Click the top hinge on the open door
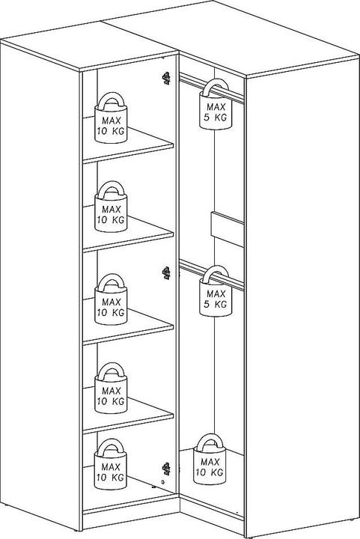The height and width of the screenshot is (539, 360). (166, 79)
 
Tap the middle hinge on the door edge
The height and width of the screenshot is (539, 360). (166, 273)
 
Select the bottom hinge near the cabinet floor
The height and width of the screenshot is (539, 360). (166, 469)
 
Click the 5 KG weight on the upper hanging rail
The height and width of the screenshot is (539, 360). (216, 104)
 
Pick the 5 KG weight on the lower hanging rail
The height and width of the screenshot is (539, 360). (216, 290)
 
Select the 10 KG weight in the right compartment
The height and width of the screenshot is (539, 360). (210, 459)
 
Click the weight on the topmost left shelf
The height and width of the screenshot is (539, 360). (111, 118)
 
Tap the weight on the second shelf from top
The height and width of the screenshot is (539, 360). (111, 207)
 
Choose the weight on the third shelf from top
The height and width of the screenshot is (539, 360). (111, 299)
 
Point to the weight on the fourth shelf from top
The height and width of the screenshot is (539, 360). (111, 388)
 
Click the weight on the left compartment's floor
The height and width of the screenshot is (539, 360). (111, 464)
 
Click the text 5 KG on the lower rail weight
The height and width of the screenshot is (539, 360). (216, 304)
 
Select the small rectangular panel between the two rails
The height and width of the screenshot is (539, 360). (228, 229)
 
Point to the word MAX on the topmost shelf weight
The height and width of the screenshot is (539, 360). (112, 121)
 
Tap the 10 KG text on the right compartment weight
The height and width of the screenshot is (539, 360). (210, 472)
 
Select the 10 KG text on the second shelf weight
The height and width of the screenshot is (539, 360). (111, 219)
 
